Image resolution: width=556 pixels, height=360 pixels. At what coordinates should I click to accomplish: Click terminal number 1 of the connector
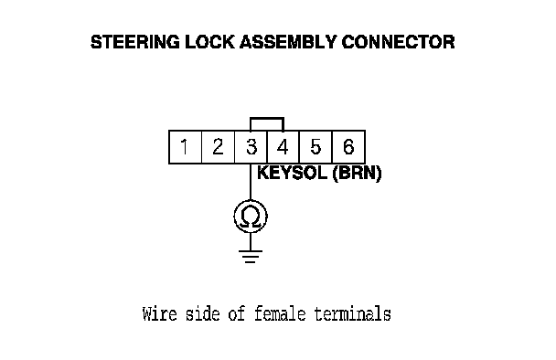[185, 147]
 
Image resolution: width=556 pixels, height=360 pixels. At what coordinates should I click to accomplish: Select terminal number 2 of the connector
[218, 147]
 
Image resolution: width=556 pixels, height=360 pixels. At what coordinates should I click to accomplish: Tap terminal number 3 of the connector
[251, 147]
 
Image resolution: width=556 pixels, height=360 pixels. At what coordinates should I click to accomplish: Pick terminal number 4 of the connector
[283, 147]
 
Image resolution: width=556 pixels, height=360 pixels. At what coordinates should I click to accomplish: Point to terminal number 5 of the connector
[315, 147]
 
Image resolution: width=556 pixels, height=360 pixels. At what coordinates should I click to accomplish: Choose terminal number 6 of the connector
[348, 147]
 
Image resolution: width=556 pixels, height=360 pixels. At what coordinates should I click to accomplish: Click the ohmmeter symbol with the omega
[251, 217]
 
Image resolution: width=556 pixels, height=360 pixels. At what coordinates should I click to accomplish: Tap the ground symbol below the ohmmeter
[251, 257]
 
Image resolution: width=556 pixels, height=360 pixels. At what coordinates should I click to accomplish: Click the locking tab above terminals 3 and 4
[267, 118]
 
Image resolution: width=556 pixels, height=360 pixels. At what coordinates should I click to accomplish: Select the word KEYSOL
[292, 174]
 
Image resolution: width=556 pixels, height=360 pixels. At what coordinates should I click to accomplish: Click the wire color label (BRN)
[357, 174]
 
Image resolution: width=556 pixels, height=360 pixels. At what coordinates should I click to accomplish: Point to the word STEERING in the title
[135, 42]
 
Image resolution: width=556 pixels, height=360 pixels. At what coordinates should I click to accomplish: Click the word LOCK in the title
[209, 42]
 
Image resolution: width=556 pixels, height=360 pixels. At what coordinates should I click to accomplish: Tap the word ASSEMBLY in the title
[288, 42]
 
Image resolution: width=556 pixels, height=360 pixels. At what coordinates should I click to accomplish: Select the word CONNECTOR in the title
[398, 42]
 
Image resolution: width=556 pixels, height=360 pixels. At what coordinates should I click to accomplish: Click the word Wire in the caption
[159, 314]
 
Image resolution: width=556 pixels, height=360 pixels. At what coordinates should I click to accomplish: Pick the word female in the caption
[280, 314]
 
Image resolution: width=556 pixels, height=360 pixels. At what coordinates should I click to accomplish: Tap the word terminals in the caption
[352, 314]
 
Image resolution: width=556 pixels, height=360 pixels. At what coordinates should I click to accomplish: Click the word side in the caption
[203, 314]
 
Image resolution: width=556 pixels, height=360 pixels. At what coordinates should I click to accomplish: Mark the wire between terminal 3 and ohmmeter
[251, 182]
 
